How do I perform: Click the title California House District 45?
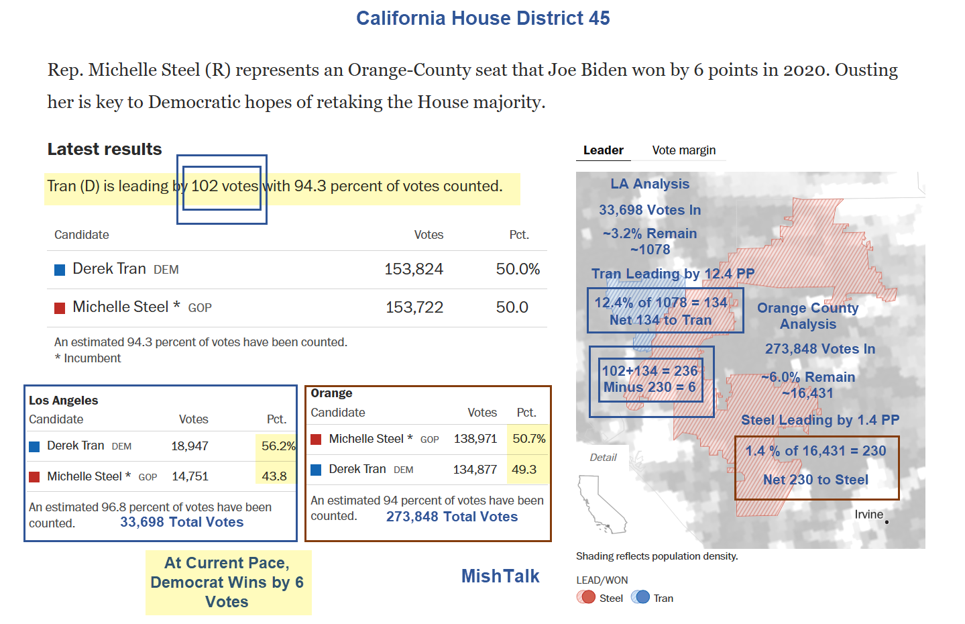(483, 18)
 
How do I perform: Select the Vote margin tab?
(683, 150)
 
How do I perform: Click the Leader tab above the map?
(603, 150)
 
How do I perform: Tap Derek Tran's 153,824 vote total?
(413, 269)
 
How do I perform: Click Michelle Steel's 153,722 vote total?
(414, 307)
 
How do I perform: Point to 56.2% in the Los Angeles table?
(278, 446)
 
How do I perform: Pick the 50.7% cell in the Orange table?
(528, 439)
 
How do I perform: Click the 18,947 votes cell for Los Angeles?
(190, 446)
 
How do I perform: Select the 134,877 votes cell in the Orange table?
(475, 470)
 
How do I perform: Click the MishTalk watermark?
(500, 576)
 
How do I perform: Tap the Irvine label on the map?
(868, 515)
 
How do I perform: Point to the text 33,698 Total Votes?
(182, 522)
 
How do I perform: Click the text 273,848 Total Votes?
(451, 517)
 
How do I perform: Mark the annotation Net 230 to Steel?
(815, 480)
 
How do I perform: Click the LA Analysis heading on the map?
(649, 184)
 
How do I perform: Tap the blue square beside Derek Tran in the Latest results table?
(60, 270)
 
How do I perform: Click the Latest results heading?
(105, 149)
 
